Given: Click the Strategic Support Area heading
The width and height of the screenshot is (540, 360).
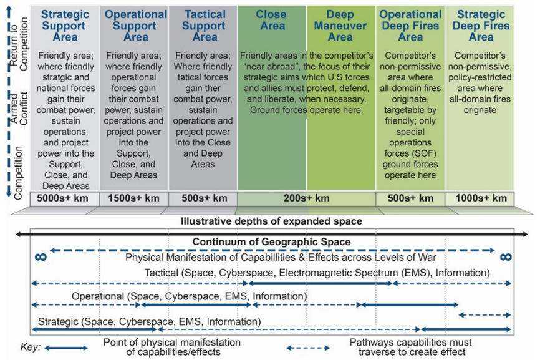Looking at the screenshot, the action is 64,26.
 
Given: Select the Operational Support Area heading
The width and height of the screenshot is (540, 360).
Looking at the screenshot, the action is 135,26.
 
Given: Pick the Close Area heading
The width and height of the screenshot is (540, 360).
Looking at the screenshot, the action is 271,20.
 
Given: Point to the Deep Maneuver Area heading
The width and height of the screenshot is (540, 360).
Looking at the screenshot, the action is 340,26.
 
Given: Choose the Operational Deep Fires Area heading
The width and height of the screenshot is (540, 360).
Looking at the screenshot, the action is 410,26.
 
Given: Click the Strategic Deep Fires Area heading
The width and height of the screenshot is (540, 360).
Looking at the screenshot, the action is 481,26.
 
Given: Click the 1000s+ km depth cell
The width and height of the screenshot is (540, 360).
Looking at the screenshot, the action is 481,198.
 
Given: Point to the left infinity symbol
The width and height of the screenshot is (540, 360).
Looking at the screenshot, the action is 41,256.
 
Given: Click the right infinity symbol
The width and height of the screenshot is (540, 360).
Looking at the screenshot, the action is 505,256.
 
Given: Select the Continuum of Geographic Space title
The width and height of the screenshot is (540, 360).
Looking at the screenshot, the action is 271,242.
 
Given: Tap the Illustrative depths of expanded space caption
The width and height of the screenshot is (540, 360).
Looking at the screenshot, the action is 271,221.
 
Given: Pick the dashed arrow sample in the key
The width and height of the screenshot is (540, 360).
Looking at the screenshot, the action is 308,347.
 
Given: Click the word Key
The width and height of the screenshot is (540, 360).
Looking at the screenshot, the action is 29,347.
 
